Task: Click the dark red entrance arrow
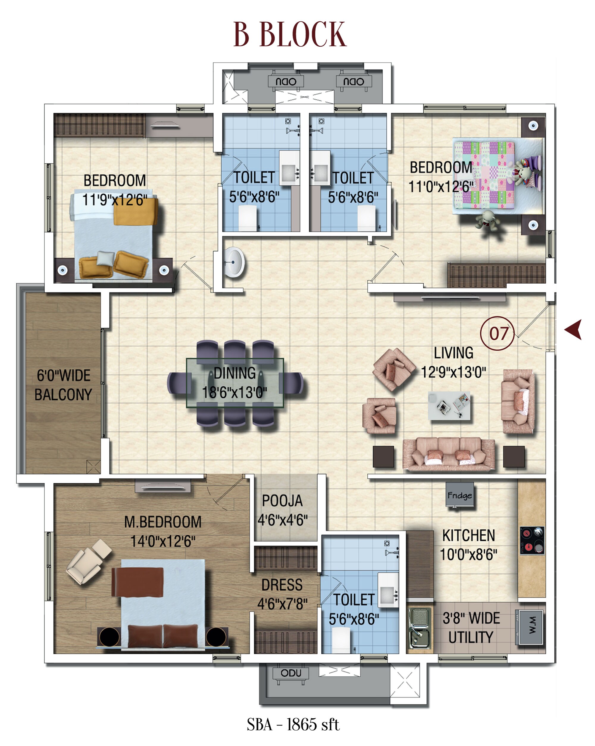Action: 574,329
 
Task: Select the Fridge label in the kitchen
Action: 459,495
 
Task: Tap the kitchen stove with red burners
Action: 532,540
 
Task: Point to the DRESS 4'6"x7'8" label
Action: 282,594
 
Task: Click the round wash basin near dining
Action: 234,262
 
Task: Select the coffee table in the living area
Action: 449,405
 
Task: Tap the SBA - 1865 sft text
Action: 293,725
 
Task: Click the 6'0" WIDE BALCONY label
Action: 63,385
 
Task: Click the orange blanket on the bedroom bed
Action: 136,211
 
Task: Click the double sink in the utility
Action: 419,628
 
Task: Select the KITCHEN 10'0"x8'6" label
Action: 468,545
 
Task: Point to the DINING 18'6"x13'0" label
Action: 234,383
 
